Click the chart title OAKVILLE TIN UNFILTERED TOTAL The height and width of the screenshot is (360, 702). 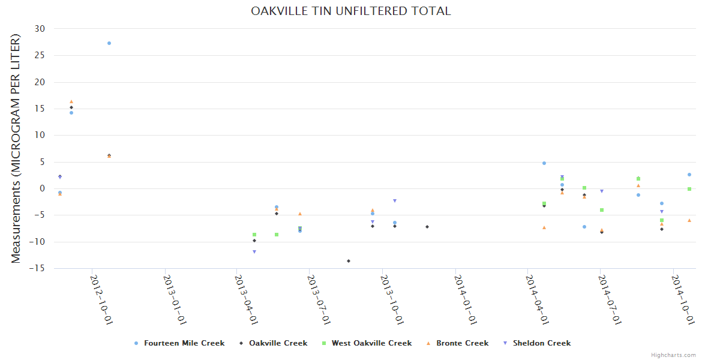pos(350,11)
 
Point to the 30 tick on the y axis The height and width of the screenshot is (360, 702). pos(40,29)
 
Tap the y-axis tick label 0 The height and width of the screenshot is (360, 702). pos(43,188)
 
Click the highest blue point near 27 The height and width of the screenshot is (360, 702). pos(109,43)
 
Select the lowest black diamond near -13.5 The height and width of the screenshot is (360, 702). pos(349,261)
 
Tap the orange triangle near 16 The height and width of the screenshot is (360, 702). pos(71,102)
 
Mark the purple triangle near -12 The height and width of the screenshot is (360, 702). pos(254,252)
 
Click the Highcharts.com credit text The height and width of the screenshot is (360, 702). pos(673,355)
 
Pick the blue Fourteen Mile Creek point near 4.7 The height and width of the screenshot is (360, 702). pos(544,163)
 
